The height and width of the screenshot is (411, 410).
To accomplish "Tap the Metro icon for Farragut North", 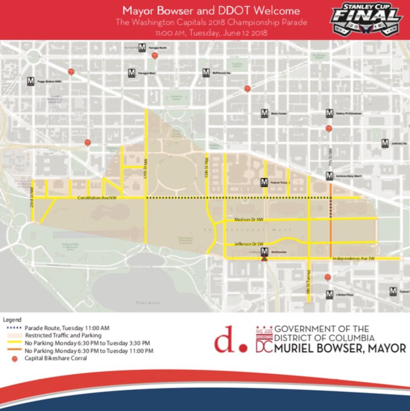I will (142, 48).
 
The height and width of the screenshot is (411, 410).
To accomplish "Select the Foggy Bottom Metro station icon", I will (31, 81).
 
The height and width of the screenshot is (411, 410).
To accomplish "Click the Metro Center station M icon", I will (264, 113).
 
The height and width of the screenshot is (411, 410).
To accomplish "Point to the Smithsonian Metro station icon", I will (264, 252).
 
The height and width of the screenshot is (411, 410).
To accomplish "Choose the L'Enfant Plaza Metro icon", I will (329, 294).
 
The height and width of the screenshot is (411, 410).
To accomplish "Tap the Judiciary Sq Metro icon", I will (385, 143).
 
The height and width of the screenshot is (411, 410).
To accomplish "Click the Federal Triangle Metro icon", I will (264, 182).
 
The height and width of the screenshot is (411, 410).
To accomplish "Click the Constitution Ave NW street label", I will (97, 198).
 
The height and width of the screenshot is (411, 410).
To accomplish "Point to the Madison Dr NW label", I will (249, 220).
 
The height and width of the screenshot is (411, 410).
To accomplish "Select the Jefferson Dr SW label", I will (249, 244).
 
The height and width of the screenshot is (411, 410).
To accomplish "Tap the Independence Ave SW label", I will (354, 258).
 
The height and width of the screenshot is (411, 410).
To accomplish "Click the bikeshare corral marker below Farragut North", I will (155, 56).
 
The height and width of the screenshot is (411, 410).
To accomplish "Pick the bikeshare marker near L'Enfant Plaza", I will (328, 277).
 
